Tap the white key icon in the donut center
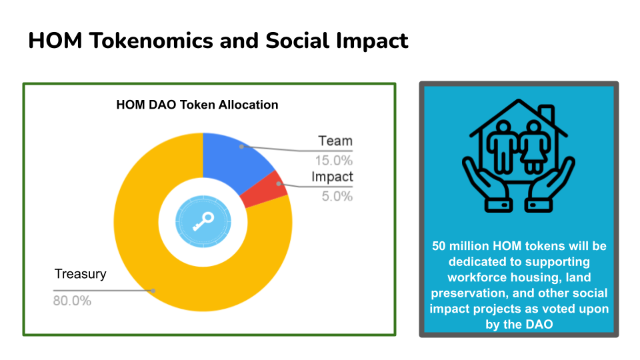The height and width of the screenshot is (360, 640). pyautogui.click(x=203, y=221)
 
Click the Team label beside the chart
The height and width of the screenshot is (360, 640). pyautogui.click(x=335, y=141)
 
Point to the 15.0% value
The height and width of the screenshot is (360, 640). pyautogui.click(x=333, y=161)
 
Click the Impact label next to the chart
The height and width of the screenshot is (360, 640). pyautogui.click(x=332, y=177)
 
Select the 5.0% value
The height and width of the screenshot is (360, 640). pyautogui.click(x=337, y=196)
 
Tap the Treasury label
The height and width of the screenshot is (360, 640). pyautogui.click(x=81, y=274)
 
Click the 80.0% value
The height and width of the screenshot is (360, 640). pyautogui.click(x=72, y=301)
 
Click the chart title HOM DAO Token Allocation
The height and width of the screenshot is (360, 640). pyautogui.click(x=197, y=105)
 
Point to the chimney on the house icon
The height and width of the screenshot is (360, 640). pyautogui.click(x=547, y=114)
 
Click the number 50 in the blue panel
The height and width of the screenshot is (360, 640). pyautogui.click(x=439, y=246)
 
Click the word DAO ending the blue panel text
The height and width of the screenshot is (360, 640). pyautogui.click(x=539, y=325)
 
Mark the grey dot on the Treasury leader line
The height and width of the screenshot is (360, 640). pyautogui.click(x=153, y=291)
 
